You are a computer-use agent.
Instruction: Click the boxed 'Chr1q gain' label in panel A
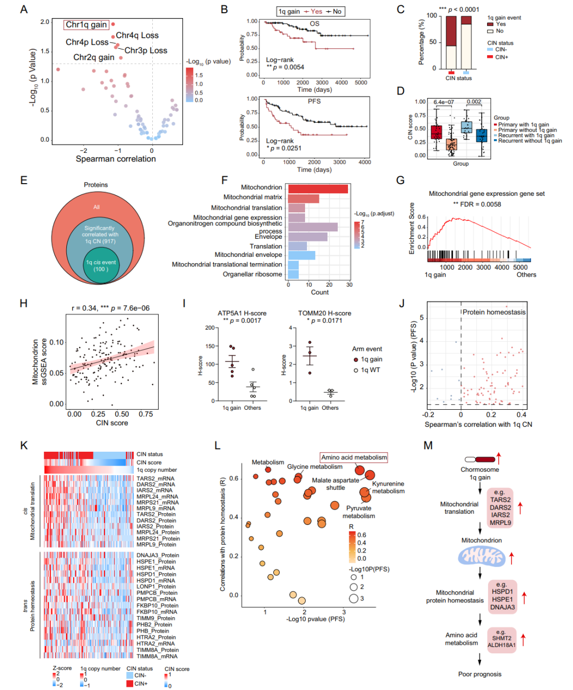tap(86, 24)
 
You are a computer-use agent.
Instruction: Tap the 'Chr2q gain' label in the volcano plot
tap(93, 57)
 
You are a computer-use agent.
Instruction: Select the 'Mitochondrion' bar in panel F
tap(317, 189)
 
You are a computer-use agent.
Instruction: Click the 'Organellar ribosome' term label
tap(252, 274)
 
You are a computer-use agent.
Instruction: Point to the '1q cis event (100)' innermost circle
tap(101, 265)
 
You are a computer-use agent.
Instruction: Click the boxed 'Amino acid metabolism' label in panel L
tap(354, 458)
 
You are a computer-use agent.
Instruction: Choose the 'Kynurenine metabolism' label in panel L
tap(388, 487)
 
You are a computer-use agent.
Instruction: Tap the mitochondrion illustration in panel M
tap(482, 556)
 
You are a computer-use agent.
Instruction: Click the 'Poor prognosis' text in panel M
tap(480, 674)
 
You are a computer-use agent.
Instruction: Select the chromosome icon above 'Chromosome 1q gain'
tap(480, 459)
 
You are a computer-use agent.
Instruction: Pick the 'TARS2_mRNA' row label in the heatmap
tap(155, 479)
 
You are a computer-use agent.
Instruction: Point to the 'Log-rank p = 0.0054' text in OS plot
tap(285, 64)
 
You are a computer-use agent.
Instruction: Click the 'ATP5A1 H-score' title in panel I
tap(242, 313)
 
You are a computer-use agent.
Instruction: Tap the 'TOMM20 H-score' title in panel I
tap(324, 313)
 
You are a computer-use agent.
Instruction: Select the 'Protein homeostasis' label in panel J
tap(493, 312)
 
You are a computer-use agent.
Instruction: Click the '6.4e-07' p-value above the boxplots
tap(444, 102)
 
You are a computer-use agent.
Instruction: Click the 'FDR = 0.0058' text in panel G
tap(477, 204)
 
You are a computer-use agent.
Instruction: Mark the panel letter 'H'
tap(23, 303)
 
